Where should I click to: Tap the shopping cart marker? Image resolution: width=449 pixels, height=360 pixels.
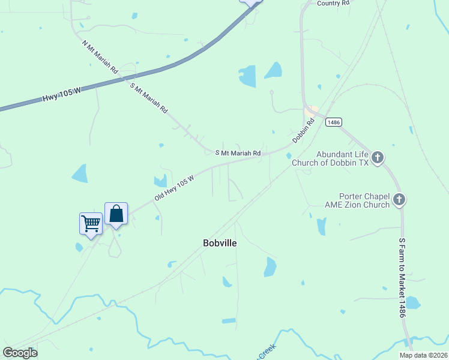point(91,224)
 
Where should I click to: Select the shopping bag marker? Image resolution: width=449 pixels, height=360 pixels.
point(116,214)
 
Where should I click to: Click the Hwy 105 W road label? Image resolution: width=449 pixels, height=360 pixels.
point(61,94)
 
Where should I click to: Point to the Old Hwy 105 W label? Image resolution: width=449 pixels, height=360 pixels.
point(174,188)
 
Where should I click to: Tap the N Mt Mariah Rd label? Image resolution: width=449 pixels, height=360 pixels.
point(100,56)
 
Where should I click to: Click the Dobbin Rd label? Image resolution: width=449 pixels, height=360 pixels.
point(304,131)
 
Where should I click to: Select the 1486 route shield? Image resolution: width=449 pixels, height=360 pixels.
point(334,122)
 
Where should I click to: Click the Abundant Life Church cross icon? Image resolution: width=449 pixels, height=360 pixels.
point(377,157)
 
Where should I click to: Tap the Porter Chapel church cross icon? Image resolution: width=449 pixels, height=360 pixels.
point(400,199)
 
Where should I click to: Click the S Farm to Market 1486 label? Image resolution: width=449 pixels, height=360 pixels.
point(402,277)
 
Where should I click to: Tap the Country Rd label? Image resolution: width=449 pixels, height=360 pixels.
point(333,4)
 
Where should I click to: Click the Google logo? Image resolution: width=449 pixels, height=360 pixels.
point(20,352)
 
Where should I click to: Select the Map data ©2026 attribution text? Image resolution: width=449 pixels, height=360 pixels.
point(423,355)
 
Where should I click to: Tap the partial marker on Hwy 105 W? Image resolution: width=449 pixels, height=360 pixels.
point(252,2)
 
